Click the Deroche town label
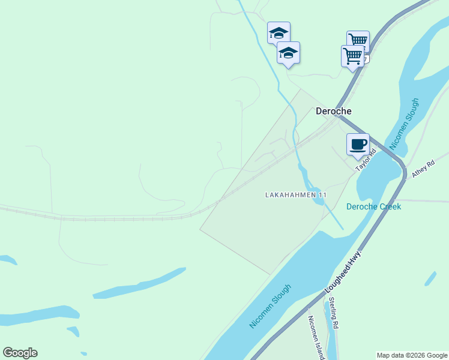coord(334,111)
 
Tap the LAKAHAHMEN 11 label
coord(296,195)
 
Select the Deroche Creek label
coord(373,206)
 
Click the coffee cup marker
coord(358,145)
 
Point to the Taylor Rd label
coord(366,161)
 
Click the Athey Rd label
coord(423,169)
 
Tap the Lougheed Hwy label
coord(345,273)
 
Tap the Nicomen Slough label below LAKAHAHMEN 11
coord(271,306)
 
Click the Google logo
coord(20,352)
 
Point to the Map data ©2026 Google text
coord(412,355)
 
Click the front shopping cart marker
coord(353,56)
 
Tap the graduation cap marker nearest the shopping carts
coord(288,53)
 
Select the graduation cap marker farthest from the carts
coord(278,32)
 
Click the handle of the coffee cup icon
coord(364,143)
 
